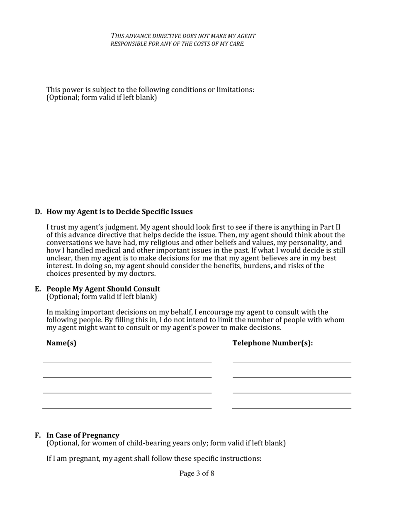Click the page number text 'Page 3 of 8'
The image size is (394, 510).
197,474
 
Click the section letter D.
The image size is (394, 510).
38,212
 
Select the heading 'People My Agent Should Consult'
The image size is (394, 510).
103,289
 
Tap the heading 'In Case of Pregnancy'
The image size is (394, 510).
83,435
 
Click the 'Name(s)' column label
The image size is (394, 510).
61,343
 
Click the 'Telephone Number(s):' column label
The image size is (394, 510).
272,343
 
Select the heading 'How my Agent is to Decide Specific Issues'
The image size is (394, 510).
119,212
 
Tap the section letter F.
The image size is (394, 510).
38,435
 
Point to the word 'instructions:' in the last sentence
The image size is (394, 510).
240,459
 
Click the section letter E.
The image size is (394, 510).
38,289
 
